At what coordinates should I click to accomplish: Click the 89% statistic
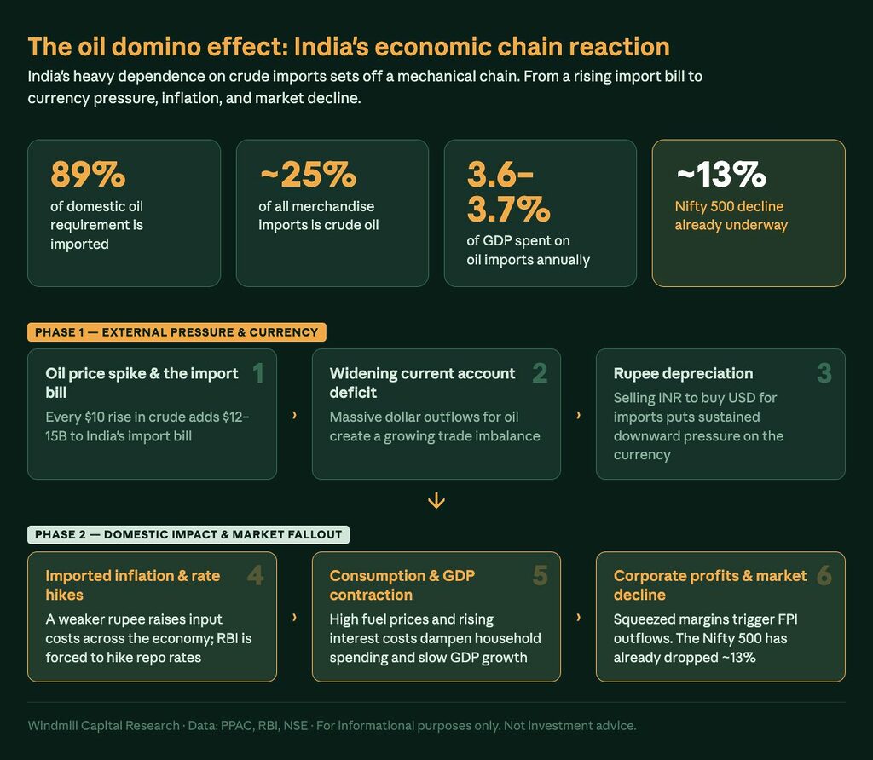(88, 175)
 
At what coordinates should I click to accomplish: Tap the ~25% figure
(307, 175)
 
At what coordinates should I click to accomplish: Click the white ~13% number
(720, 175)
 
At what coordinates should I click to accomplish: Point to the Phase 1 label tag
(176, 332)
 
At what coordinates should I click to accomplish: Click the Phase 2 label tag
(188, 535)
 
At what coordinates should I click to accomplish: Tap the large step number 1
(257, 372)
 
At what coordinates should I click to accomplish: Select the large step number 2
(540, 372)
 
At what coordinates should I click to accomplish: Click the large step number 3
(824, 372)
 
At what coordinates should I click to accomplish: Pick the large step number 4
(255, 576)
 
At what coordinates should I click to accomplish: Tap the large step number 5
(540, 576)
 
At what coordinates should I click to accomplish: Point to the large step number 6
(824, 576)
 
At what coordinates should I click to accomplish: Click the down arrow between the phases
(436, 500)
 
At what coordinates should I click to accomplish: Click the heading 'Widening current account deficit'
(422, 383)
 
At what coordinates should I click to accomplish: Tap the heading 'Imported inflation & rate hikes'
(132, 585)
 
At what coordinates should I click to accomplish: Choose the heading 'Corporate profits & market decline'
(709, 585)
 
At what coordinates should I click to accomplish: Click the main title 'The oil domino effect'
(349, 46)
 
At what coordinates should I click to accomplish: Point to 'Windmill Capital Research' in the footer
(103, 726)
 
